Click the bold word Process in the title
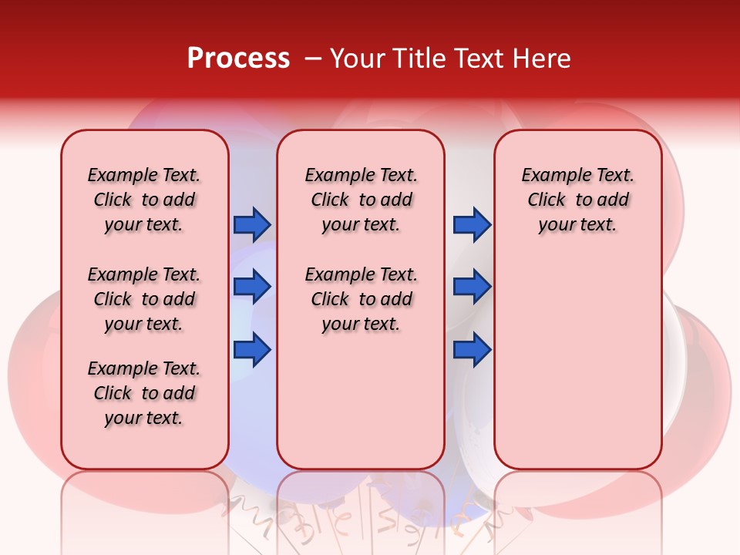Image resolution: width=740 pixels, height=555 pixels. (238, 59)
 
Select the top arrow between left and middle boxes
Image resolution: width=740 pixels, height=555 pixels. (252, 224)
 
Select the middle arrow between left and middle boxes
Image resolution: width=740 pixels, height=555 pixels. (252, 287)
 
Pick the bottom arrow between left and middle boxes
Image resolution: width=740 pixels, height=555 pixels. (252, 350)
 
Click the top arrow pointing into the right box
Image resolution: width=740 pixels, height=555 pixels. (472, 224)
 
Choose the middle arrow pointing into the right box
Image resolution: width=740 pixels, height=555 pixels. (472, 287)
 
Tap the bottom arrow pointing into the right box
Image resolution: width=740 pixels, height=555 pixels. (472, 350)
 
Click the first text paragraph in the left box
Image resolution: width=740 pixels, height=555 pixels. (144, 200)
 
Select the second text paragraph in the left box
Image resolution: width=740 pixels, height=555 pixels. (144, 299)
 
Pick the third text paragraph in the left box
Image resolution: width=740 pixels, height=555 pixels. (144, 393)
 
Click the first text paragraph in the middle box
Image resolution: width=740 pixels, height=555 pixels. (361, 200)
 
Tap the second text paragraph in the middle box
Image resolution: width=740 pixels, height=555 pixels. (361, 299)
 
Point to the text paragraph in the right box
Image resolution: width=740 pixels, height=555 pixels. (577, 200)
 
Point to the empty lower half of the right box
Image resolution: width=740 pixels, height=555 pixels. (577, 362)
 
